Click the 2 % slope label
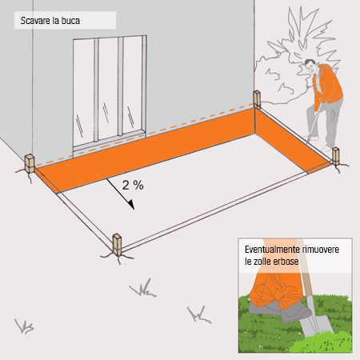click(x=132, y=185)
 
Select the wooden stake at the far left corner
click(x=30, y=162)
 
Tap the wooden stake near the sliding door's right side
click(x=257, y=101)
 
